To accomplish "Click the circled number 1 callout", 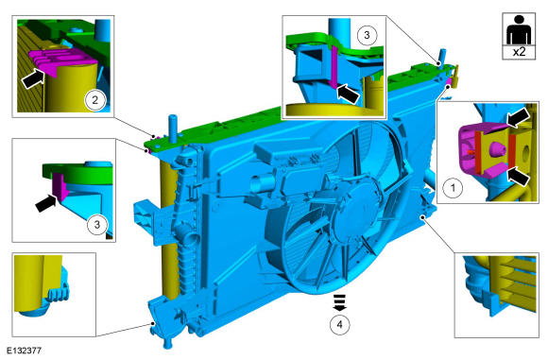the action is (454, 188).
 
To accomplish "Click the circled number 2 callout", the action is (94, 101).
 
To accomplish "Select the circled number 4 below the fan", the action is (340, 325).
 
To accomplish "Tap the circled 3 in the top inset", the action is (367, 35).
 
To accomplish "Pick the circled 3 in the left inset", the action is (96, 224).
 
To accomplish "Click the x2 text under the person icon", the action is (519, 52).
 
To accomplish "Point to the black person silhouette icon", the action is (519, 29).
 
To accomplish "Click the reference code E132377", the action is (25, 351).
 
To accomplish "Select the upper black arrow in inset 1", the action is (519, 118).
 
